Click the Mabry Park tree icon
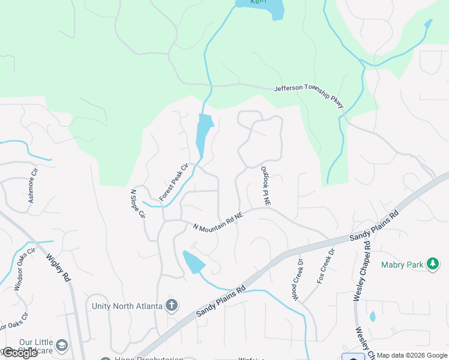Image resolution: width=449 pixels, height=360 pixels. (432, 264)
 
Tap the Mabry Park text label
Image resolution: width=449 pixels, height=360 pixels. (403, 264)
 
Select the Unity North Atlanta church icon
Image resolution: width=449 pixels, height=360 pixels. (172, 305)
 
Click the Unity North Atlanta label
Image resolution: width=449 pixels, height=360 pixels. (127, 306)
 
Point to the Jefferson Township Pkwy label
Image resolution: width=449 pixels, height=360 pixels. (309, 96)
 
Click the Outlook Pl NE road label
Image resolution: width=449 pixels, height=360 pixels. (265, 187)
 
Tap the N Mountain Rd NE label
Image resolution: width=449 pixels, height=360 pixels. (218, 221)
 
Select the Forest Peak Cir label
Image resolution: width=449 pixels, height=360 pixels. (173, 181)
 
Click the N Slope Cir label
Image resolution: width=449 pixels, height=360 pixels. (138, 203)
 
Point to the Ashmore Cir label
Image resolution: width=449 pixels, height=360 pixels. (34, 184)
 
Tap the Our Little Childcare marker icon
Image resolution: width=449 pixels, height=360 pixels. (61, 346)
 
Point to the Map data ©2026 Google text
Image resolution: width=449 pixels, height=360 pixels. (412, 355)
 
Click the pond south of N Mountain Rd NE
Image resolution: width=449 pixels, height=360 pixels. (193, 262)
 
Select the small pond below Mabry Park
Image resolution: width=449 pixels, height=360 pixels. (373, 316)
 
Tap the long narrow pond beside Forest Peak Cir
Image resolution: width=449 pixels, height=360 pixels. (204, 135)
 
